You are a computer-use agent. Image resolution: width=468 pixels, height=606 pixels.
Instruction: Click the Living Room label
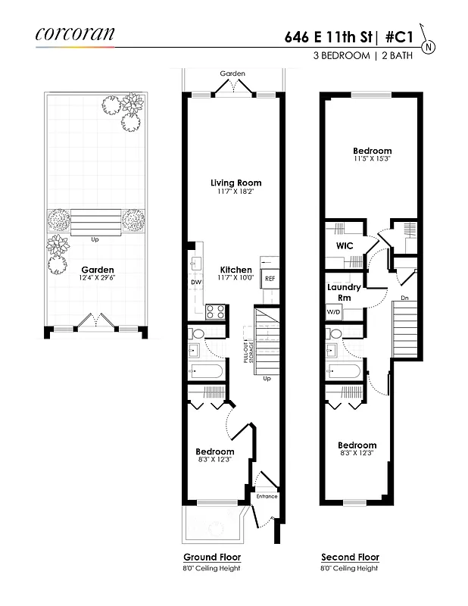coord(236,183)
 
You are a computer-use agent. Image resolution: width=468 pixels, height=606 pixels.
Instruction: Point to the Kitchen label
coord(236,270)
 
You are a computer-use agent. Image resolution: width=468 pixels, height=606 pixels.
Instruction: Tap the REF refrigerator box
coord(270,279)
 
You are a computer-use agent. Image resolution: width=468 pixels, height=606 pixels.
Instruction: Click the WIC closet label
coord(345,245)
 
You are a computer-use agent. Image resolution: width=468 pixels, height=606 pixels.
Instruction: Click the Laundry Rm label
coord(344,292)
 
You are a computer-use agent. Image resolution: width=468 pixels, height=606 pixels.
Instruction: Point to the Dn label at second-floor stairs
coord(406,297)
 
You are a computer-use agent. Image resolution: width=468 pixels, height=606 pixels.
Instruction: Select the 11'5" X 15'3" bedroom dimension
coord(373,160)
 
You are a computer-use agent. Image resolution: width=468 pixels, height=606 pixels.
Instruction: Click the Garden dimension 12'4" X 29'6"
coord(98,279)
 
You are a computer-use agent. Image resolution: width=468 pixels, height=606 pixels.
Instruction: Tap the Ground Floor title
coord(212,557)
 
